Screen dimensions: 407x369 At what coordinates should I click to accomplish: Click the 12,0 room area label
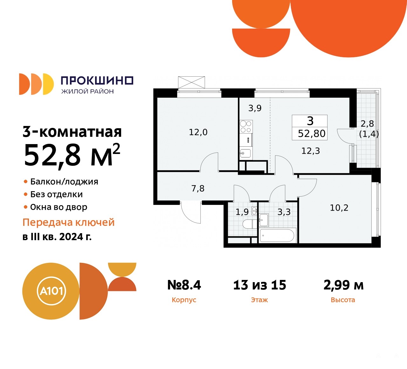198,132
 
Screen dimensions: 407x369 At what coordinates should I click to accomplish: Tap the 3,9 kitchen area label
255,108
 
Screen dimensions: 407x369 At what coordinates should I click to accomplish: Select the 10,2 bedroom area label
339,208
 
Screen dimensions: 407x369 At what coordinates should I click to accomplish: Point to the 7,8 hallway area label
198,189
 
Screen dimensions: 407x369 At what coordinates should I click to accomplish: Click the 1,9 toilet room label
242,212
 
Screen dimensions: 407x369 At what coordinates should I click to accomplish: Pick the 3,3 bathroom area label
284,212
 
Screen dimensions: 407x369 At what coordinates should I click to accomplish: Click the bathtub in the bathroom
277,235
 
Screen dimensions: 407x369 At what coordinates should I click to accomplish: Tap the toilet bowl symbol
250,224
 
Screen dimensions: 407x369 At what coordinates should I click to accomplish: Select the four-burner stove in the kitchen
246,127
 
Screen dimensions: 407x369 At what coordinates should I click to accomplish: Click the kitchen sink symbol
245,153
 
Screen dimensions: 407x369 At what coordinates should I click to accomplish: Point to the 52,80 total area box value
312,134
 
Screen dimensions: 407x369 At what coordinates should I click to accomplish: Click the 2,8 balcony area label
367,124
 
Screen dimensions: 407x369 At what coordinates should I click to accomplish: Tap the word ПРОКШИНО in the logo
97,80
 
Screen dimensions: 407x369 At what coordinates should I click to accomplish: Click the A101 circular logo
51,291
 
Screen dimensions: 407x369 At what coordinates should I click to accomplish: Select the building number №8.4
184,285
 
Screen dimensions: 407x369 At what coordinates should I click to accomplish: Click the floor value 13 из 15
260,285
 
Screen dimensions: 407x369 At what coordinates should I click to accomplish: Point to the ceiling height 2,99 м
343,285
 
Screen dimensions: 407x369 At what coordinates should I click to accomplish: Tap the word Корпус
184,300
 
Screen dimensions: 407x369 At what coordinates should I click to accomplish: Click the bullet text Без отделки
56,194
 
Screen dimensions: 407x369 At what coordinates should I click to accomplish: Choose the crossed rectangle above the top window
191,82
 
